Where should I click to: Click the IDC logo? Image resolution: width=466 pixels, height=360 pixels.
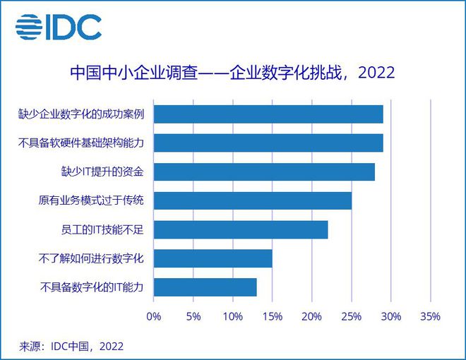pos(58,27)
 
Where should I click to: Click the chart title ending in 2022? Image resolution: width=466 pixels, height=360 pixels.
pos(232,72)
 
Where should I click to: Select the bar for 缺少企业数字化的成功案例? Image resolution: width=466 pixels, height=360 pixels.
pos(268,114)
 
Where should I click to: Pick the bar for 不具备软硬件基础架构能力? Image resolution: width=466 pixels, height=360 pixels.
pos(268,143)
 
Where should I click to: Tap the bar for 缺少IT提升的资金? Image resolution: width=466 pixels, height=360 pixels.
pos(264,172)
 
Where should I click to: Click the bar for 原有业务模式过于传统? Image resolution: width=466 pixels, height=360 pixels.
pos(252,200)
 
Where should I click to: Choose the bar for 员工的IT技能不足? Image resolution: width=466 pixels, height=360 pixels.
pos(240,229)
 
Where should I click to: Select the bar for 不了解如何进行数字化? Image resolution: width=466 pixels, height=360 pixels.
pos(213,258)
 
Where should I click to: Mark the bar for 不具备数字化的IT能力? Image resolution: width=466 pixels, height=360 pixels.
pos(205,287)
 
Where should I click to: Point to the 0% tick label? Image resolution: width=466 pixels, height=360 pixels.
pos(153,316)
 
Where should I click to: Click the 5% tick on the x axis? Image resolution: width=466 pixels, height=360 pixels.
pos(193,316)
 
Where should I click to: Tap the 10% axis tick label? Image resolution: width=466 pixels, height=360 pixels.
pos(232,316)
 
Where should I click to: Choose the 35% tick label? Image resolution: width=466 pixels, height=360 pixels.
pos(430,316)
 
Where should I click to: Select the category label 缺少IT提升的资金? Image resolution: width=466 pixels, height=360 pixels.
pos(103,172)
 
